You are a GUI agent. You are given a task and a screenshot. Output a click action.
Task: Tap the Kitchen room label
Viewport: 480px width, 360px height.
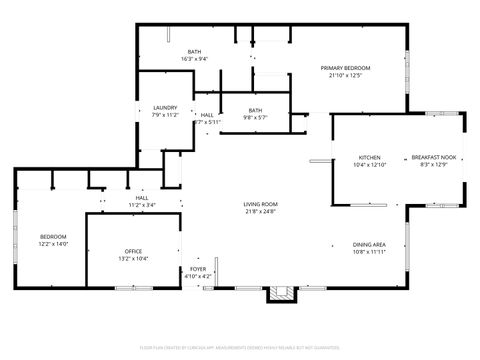(x=370, y=158)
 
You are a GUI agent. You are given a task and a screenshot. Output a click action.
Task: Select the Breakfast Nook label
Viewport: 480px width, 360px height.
(x=433, y=158)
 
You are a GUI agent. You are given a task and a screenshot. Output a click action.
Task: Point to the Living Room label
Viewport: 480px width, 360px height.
(x=260, y=204)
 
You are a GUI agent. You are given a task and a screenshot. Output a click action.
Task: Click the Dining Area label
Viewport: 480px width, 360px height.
(x=369, y=245)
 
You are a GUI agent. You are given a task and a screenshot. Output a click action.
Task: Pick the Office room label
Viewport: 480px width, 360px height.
(x=134, y=251)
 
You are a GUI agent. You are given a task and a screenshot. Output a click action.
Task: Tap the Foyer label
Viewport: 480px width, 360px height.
(x=199, y=269)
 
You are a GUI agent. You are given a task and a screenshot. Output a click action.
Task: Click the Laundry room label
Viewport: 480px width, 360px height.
(x=165, y=108)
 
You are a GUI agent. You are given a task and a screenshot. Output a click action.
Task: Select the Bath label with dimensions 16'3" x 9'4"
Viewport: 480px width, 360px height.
(x=195, y=52)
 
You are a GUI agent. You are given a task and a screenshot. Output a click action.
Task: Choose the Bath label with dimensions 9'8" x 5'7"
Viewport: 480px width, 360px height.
(x=256, y=110)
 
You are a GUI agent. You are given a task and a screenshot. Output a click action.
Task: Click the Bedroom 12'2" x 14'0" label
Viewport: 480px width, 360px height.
(x=53, y=236)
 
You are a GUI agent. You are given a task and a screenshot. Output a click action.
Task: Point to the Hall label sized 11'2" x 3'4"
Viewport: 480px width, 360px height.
(x=141, y=198)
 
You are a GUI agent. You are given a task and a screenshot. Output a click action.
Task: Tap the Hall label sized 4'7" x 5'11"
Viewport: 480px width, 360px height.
(x=206, y=115)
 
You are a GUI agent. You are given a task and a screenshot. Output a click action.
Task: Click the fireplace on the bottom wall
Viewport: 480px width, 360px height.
(x=282, y=293)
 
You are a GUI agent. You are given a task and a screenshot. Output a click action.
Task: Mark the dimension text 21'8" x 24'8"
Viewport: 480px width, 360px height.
(x=260, y=211)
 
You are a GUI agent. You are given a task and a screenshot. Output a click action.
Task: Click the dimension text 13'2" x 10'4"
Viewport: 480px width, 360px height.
(x=134, y=258)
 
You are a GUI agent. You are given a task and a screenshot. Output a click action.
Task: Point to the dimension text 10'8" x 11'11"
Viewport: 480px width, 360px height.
(x=369, y=252)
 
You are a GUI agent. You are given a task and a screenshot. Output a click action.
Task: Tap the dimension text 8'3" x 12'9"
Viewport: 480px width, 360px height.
(x=433, y=165)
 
